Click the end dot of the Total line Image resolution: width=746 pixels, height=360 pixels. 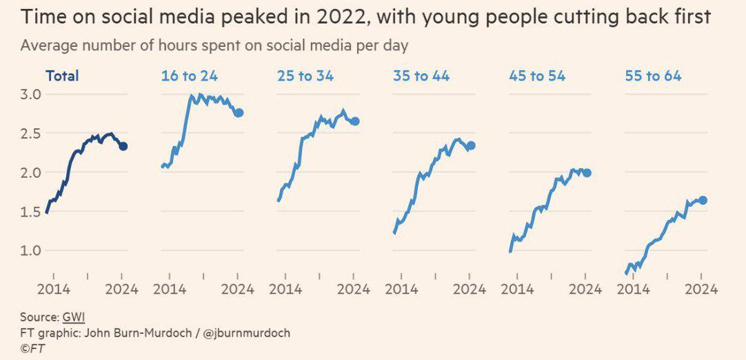pyautogui.click(x=123, y=146)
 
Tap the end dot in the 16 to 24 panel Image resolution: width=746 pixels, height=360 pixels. pyautogui.click(x=239, y=113)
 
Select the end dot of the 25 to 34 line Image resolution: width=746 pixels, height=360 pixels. pyautogui.click(x=355, y=121)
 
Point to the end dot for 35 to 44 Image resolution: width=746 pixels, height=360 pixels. pyautogui.click(x=471, y=146)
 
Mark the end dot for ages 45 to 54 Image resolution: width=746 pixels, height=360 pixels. pyautogui.click(x=587, y=173)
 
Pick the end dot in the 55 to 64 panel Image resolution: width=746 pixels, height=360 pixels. pyautogui.click(x=703, y=201)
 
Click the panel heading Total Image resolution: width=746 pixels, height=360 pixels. pyautogui.click(x=62, y=76)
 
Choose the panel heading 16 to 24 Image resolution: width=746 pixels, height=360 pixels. pyautogui.click(x=190, y=76)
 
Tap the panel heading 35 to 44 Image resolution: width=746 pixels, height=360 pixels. pyautogui.click(x=421, y=76)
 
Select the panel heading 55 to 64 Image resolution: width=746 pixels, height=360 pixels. pyautogui.click(x=653, y=76)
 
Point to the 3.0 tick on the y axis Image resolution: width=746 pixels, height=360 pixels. pyautogui.click(x=32, y=94)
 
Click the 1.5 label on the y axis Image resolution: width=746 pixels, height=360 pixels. pyautogui.click(x=32, y=212)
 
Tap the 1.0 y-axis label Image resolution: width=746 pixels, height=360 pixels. pyautogui.click(x=32, y=250)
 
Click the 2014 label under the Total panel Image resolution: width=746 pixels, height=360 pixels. pyautogui.click(x=53, y=289)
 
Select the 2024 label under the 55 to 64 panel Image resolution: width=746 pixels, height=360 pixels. pyautogui.click(x=701, y=289)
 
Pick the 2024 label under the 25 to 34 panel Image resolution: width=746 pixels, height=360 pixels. pyautogui.click(x=354, y=289)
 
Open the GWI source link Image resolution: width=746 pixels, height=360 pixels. pyautogui.click(x=73, y=317)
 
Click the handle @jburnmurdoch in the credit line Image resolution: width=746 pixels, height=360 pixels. pyautogui.click(x=246, y=333)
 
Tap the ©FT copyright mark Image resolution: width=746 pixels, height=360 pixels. pyautogui.click(x=32, y=348)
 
